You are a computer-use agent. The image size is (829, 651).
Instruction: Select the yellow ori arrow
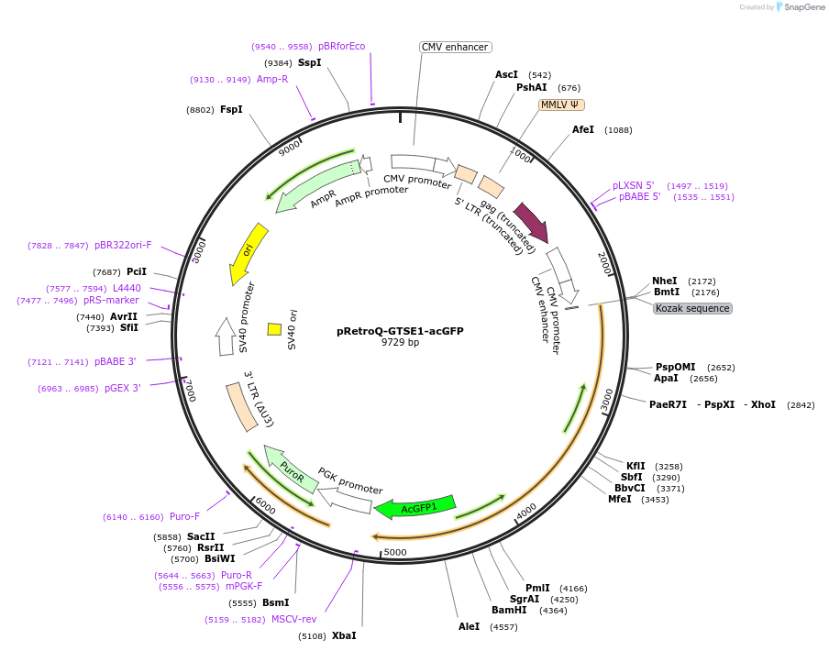coord(249,253)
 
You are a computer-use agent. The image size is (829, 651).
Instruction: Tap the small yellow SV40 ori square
coord(274,328)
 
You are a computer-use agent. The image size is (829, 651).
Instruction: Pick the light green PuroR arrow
coord(291,469)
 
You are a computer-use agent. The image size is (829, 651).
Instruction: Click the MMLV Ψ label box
coord(561,105)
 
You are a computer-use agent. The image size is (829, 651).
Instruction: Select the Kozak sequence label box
coord(692,308)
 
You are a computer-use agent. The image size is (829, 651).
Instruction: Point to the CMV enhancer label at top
coord(455,47)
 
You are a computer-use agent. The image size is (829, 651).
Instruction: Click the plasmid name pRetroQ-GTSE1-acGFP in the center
coord(400,331)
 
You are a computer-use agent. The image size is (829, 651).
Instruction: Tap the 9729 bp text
coord(400,343)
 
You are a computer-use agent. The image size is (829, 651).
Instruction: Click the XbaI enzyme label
coord(344,635)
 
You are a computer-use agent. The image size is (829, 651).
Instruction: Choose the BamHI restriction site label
coord(509,610)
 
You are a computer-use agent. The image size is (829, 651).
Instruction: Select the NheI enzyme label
coord(665,281)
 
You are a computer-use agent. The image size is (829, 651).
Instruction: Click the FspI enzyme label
coord(231,109)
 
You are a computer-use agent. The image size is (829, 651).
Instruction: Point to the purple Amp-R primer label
coord(272,79)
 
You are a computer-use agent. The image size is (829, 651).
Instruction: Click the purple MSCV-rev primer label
coord(293,619)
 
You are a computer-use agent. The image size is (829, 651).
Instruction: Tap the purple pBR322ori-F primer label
coord(123,245)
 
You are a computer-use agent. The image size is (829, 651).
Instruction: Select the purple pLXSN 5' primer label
coord(634,185)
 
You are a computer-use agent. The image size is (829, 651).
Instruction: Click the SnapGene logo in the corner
coord(800,7)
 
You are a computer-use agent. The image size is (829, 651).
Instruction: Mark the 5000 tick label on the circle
coord(394,552)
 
